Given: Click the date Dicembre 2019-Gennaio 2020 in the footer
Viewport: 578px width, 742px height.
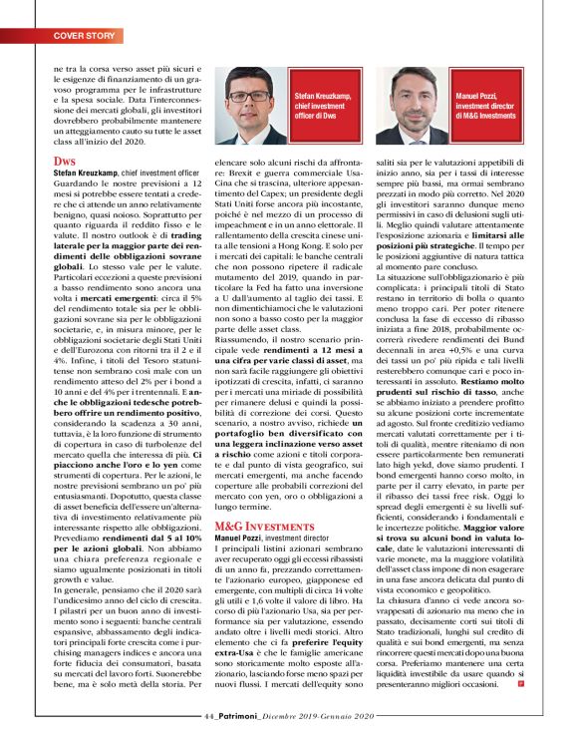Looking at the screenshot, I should (324, 716).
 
